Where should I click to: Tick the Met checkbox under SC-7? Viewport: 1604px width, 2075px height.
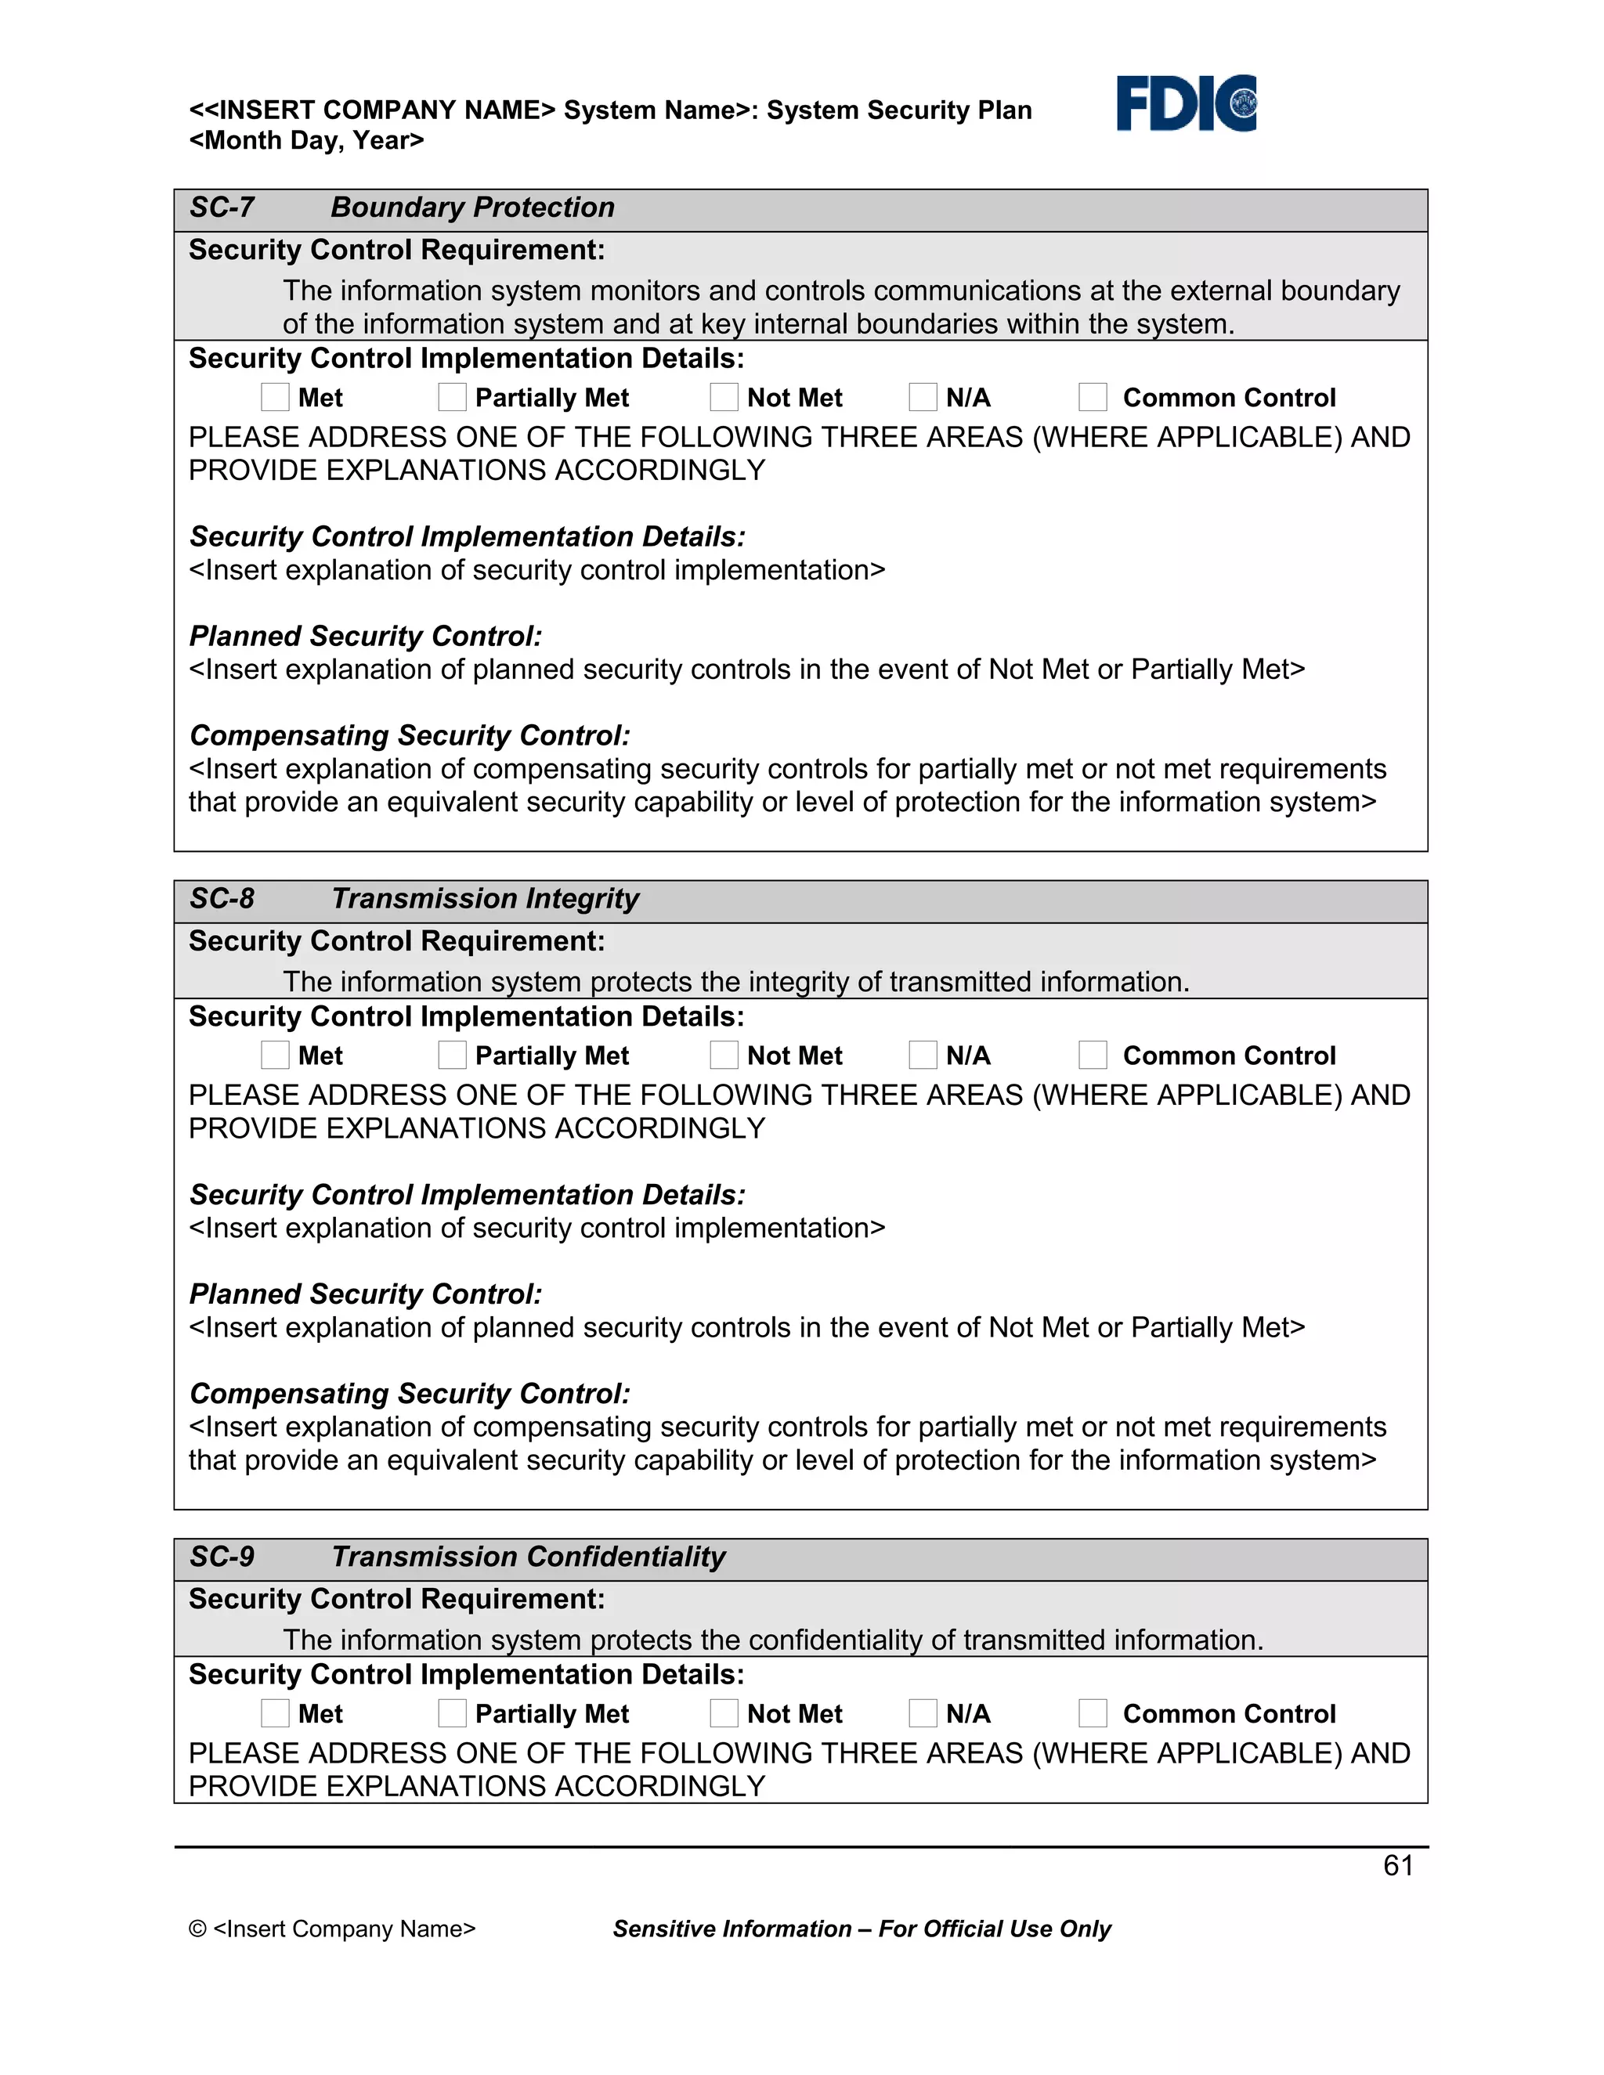(x=275, y=397)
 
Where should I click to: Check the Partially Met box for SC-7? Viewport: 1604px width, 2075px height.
(x=453, y=397)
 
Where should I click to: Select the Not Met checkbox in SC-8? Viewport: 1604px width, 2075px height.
(x=724, y=1055)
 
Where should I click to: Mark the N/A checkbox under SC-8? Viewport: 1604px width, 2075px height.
(x=923, y=1055)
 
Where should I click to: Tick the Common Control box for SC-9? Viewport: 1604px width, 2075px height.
(x=1093, y=1713)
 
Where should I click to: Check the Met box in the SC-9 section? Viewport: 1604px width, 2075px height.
(x=275, y=1713)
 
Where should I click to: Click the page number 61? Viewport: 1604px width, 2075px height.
(x=1398, y=1865)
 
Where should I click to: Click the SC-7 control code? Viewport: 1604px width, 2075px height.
(x=222, y=207)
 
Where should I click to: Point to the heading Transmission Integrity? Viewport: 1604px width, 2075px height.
(x=485, y=899)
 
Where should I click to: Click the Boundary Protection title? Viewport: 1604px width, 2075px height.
(x=472, y=207)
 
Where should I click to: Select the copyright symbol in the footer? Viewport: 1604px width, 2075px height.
(x=197, y=1929)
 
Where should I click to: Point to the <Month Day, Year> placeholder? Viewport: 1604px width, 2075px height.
(x=306, y=141)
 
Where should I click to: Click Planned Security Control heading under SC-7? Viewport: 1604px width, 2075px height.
(x=366, y=636)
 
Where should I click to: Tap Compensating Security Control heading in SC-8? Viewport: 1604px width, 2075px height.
(x=410, y=1394)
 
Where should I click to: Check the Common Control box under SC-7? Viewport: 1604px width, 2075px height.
(x=1093, y=397)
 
